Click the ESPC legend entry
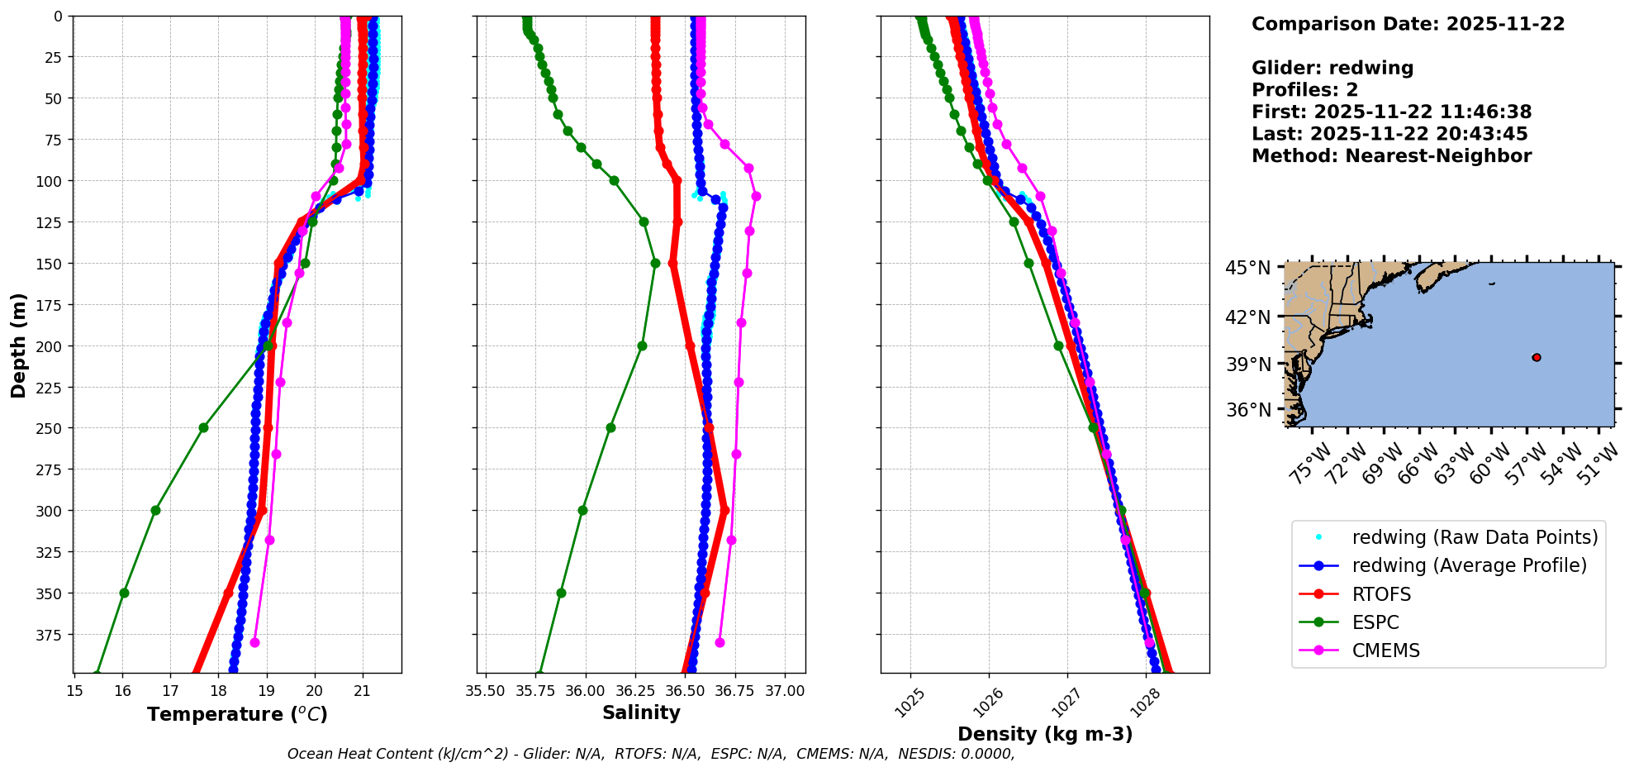pos(1375,622)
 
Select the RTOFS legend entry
pos(1381,594)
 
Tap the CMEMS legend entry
pos(1385,650)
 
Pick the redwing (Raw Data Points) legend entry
pos(1475,537)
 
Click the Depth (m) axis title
pos(19,345)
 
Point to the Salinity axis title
pos(641,713)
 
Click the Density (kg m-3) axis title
pos(1045,734)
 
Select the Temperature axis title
pos(237,714)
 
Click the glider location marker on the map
pos(1537,357)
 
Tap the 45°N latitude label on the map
pos(1247,268)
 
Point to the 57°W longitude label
pos(1532,462)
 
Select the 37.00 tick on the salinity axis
pos(785,691)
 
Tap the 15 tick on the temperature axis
pos(74,691)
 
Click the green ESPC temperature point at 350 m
pos(124,593)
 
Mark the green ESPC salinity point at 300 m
pos(582,510)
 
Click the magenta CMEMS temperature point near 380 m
pos(254,642)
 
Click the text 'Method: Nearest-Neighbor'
pos(1391,155)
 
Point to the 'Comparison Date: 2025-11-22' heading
pos(1408,24)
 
